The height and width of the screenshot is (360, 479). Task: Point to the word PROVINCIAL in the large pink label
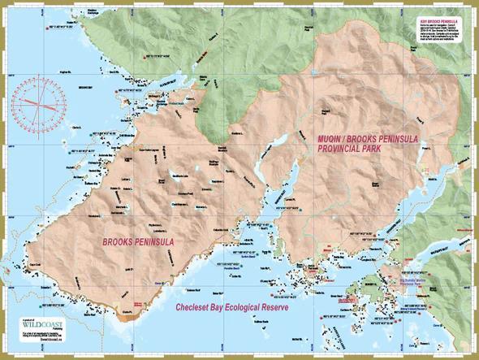coord(339,151)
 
